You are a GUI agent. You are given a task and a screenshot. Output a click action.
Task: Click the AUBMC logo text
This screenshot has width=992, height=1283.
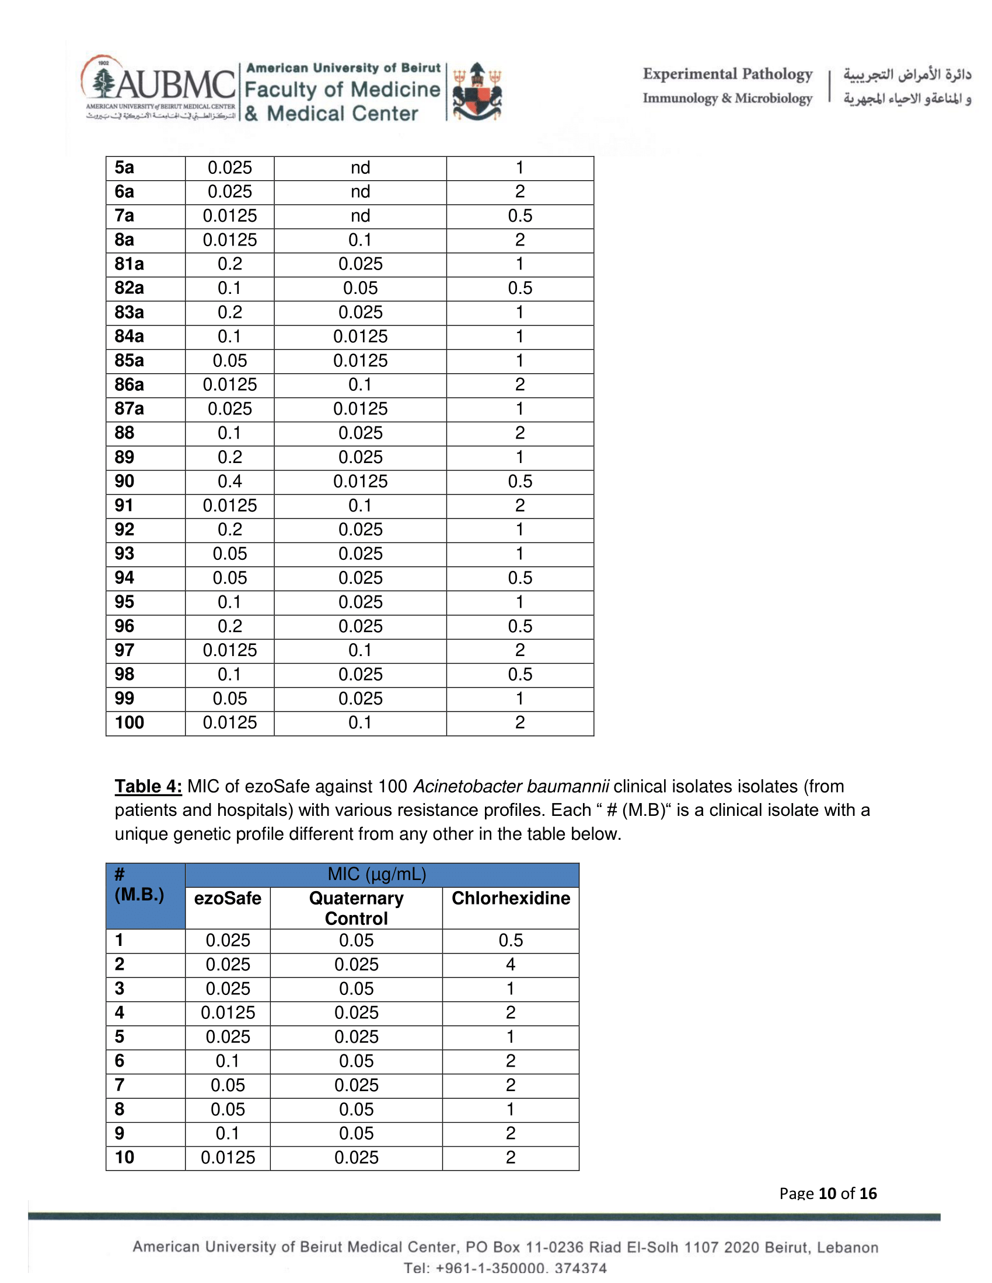[175, 85]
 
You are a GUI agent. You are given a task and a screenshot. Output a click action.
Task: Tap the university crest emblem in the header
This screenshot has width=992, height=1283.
[477, 92]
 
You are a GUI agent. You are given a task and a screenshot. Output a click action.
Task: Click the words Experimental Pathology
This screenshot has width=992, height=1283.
[727, 75]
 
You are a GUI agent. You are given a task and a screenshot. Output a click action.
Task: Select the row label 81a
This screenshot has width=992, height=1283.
[129, 264]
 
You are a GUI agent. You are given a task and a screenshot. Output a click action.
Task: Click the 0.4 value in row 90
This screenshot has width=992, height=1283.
[229, 482]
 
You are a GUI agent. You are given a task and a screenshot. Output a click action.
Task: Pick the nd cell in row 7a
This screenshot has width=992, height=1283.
[360, 216]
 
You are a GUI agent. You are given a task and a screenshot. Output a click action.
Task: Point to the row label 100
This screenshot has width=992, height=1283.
[130, 723]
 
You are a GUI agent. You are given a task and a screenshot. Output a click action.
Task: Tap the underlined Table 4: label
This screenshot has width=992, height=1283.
[148, 786]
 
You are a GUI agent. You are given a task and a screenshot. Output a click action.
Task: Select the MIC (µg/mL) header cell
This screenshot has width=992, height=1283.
[377, 874]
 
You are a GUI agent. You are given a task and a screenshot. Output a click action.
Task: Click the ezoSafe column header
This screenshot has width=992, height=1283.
[228, 898]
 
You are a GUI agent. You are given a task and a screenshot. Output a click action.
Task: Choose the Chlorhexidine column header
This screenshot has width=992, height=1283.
[510, 898]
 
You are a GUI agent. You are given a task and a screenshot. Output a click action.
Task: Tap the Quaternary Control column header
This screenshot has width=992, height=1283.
[356, 908]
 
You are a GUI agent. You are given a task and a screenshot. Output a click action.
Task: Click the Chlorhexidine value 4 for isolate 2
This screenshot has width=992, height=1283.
[510, 965]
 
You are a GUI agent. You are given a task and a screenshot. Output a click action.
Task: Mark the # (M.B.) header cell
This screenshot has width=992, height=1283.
[139, 885]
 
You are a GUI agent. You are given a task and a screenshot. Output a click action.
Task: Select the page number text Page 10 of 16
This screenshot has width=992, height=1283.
[827, 1193]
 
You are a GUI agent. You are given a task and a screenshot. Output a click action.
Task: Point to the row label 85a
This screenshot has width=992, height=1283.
[129, 360]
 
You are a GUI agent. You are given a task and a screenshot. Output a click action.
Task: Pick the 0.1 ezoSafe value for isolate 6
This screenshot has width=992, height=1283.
[228, 1061]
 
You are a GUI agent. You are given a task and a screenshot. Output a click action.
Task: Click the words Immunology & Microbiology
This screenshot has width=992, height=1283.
[727, 98]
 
